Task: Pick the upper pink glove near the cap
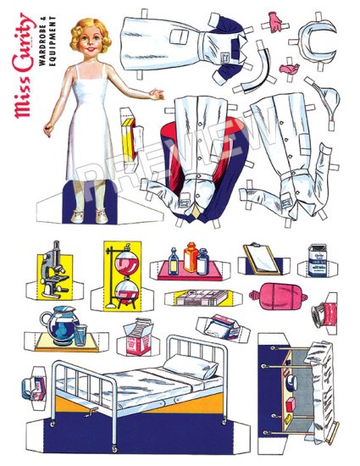point(276,19)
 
